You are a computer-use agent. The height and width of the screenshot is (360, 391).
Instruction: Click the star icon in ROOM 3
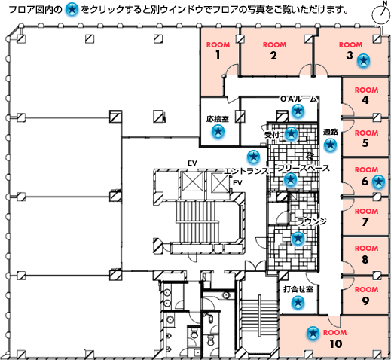pyautogui.click(x=363, y=60)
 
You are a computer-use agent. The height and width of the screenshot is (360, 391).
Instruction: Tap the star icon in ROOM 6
pyautogui.click(x=378, y=182)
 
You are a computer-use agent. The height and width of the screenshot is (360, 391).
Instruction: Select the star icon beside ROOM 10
pyautogui.click(x=313, y=333)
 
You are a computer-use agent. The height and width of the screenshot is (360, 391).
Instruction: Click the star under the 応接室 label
pyautogui.click(x=218, y=131)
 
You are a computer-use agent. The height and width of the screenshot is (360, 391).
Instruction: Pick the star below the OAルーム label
pyautogui.click(x=298, y=111)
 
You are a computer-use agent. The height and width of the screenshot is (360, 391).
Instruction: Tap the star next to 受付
pyautogui.click(x=292, y=133)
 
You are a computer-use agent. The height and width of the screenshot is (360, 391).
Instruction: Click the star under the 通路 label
pyautogui.click(x=330, y=145)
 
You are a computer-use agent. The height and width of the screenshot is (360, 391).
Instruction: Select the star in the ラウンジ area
pyautogui.click(x=298, y=238)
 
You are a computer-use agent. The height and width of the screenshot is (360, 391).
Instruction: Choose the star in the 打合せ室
pyautogui.click(x=298, y=302)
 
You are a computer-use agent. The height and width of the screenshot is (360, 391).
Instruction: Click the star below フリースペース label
pyautogui.click(x=290, y=179)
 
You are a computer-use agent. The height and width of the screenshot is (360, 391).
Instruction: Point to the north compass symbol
pyautogui.click(x=380, y=13)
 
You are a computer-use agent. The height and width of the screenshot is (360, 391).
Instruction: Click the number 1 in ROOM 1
pyautogui.click(x=218, y=55)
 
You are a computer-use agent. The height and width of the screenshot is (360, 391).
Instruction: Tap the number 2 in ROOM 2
pyautogui.click(x=273, y=56)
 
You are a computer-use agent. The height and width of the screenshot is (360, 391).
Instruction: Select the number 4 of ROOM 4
pyautogui.click(x=365, y=100)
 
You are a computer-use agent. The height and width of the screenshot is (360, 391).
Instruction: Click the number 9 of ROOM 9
pyautogui.click(x=365, y=301)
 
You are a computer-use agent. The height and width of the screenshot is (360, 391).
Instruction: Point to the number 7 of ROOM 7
pyautogui.click(x=365, y=221)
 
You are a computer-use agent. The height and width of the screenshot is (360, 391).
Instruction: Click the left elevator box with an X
pyautogui.click(x=193, y=182)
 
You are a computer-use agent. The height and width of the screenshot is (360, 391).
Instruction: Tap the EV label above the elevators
pyautogui.click(x=192, y=163)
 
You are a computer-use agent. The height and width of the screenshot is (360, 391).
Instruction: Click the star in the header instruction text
pyautogui.click(x=72, y=10)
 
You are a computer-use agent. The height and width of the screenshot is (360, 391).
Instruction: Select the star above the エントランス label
pyautogui.click(x=253, y=157)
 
